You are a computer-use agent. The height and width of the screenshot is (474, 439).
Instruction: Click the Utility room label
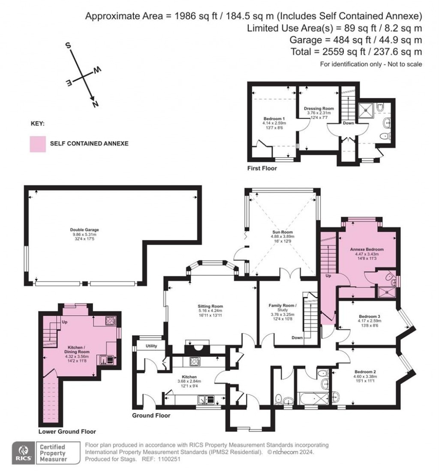152,346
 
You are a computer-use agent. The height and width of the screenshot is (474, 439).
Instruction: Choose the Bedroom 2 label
365,372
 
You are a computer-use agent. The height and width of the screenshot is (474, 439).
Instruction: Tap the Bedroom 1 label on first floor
274,118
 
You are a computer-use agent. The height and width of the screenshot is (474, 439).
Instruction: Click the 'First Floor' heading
262,169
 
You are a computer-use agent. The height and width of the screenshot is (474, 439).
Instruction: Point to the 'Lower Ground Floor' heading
67,431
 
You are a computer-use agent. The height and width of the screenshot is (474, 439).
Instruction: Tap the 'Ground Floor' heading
151,416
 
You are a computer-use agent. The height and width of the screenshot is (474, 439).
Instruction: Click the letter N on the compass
95,103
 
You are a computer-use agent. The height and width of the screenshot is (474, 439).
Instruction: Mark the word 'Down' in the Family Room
297,338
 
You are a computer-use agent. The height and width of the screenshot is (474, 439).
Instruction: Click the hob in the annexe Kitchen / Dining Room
110,320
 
